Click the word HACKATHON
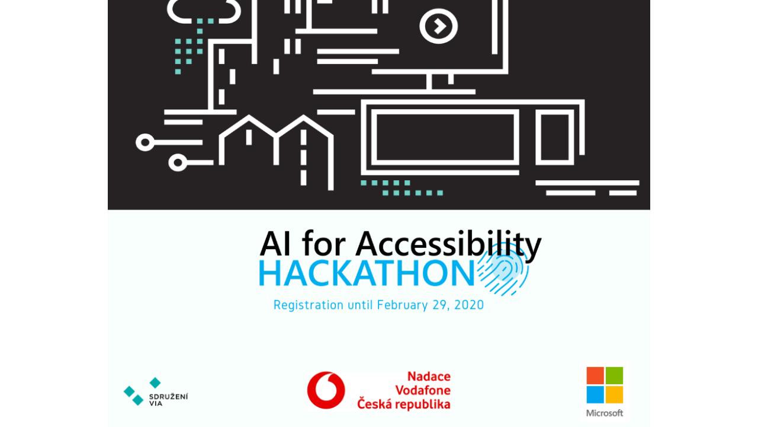[x=367, y=273]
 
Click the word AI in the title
[x=275, y=244]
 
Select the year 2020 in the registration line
[x=469, y=305]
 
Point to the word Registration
[x=309, y=305]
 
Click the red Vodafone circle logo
[x=326, y=390]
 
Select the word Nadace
[x=429, y=377]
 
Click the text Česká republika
[x=404, y=404]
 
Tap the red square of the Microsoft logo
[x=595, y=375]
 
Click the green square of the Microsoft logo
[x=614, y=375]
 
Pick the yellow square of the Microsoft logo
[x=614, y=395]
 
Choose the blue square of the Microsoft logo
[x=595, y=395]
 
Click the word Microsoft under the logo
[x=605, y=413]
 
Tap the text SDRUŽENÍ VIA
[x=168, y=400]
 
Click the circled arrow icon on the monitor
[x=439, y=26]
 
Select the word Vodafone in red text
[x=423, y=390]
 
